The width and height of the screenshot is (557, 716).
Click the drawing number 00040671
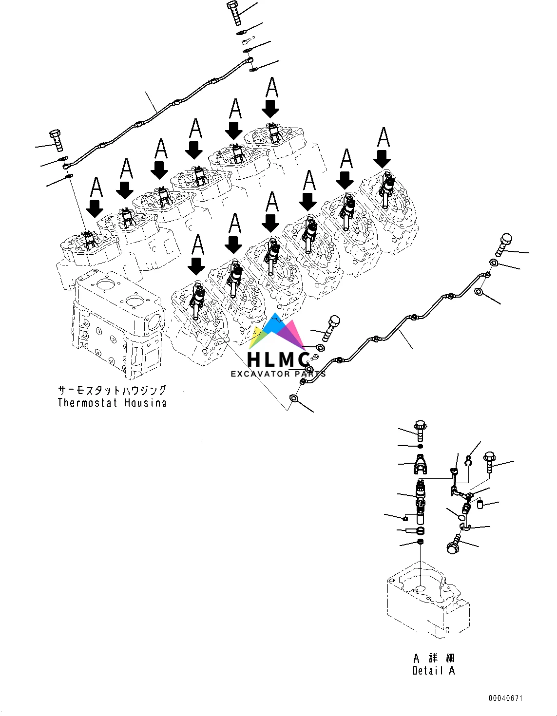coord(506,698)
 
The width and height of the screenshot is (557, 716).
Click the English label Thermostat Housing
coord(112,403)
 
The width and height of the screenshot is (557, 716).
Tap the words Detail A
coord(433,671)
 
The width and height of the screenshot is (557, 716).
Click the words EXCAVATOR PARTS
coord(278,374)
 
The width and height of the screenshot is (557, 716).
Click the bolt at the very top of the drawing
coord(235,12)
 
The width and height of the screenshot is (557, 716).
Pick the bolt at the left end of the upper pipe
coord(56,139)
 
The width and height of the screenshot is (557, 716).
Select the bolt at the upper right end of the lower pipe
coord(504,244)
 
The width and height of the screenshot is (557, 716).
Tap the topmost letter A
coord(272,88)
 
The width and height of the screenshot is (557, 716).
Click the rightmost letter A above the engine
coord(384,137)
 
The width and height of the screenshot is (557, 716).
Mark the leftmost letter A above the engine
coord(96,188)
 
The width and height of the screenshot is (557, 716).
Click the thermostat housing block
coord(117,321)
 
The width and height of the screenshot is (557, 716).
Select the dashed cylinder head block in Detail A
coord(428,599)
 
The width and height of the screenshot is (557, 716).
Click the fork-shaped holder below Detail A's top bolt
coord(422,464)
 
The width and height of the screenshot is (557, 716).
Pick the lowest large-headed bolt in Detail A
coord(454,544)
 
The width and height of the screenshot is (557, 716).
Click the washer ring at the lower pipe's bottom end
coord(294,398)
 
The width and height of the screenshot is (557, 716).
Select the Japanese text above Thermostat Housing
coord(112,391)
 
